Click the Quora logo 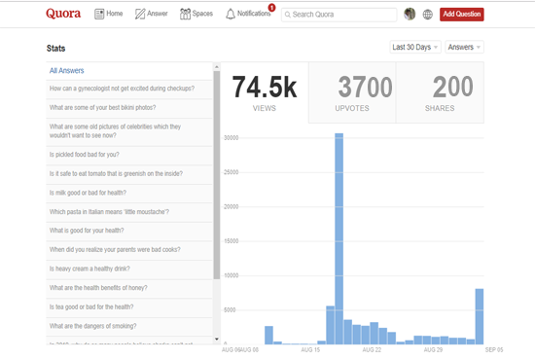pos(64,14)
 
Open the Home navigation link pos(109,14)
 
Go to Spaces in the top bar pos(196,14)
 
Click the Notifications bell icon pos(231,14)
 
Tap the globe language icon pos(428,15)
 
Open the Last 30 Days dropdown pos(415,47)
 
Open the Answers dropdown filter pos(464,47)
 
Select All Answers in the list pos(67,70)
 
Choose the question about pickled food pos(85,155)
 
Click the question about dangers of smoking pos(93,326)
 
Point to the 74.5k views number pos(265,87)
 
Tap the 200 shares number pos(452,88)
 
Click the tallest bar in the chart pos(339,238)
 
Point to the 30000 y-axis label pos(231,137)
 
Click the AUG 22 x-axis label pos(372,348)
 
